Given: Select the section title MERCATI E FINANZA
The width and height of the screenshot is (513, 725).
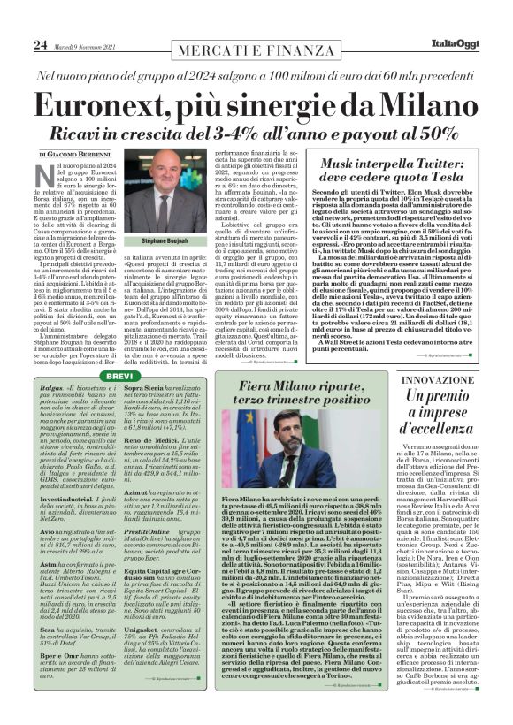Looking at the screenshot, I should point(256,44).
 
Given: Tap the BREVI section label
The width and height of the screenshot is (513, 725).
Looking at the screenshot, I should point(119,376).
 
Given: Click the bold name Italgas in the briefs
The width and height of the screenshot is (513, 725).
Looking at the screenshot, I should point(52,389).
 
